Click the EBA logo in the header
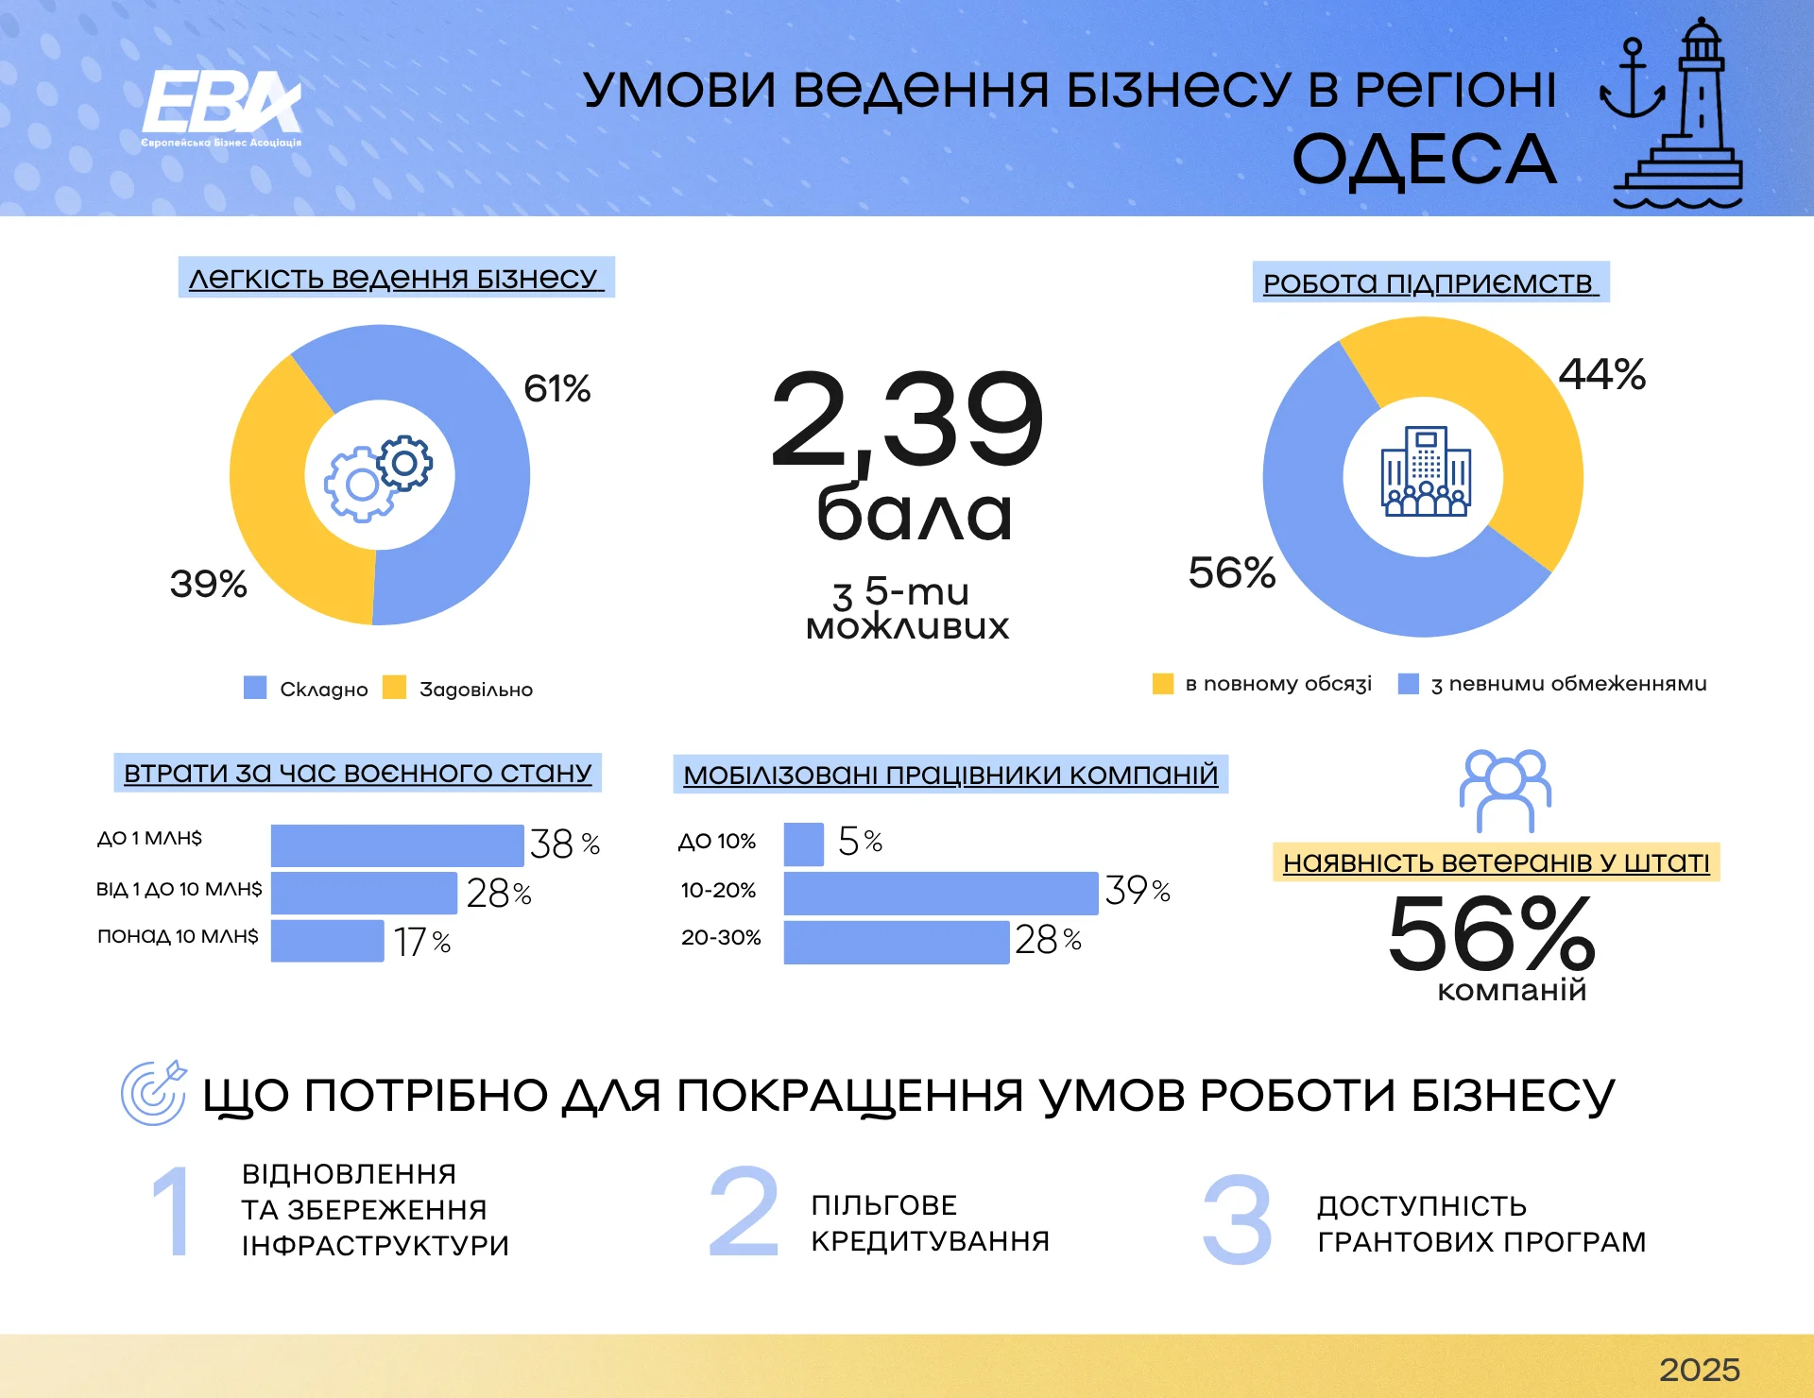coord(221,106)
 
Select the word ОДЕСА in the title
coord(1424,159)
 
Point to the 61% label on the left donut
coord(557,388)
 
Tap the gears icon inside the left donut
coord(379,477)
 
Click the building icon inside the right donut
coord(1425,471)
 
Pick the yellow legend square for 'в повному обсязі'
coord(1163,684)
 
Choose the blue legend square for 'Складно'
coord(255,688)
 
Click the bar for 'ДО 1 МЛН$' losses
coord(397,845)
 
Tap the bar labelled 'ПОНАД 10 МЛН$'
coord(327,941)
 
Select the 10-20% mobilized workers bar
coord(940,893)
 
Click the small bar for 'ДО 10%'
coord(803,844)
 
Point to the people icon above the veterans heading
coord(1504,790)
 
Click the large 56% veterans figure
coord(1491,934)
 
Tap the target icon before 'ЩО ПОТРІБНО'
coord(154,1093)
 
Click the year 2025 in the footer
coord(1699,1370)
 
